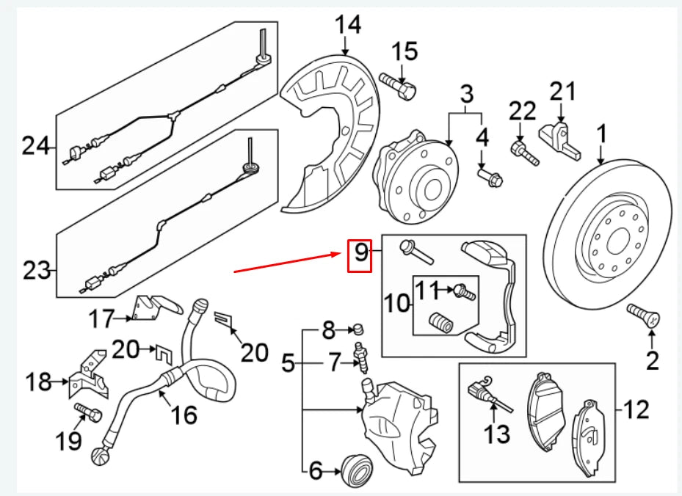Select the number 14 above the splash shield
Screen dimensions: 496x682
tap(349, 25)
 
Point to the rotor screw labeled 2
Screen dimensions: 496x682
tap(645, 316)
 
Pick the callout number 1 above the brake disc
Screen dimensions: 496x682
tap(602, 134)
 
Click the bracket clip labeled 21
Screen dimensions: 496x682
tap(561, 139)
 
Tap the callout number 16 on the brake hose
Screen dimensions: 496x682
tap(184, 415)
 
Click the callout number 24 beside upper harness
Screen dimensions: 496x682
tap(34, 146)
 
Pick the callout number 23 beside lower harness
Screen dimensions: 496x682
tap(35, 271)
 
